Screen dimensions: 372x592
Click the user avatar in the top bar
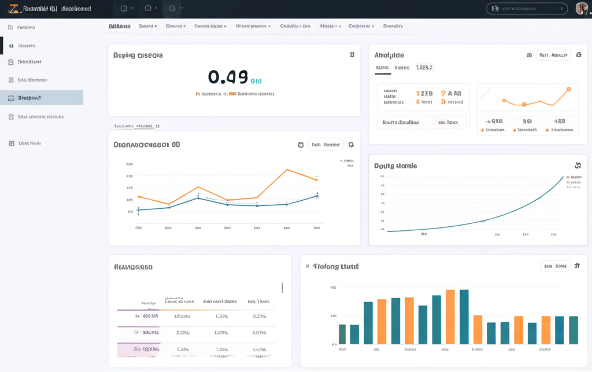click(x=582, y=9)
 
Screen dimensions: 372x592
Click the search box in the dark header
click(x=527, y=9)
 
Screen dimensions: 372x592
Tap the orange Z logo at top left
click(x=12, y=9)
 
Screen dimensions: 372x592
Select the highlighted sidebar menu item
click(x=42, y=98)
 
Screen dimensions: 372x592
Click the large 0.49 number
click(x=227, y=78)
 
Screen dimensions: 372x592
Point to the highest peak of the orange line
click(x=287, y=170)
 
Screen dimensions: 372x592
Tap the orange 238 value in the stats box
click(x=424, y=93)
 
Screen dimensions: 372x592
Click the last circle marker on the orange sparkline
click(x=568, y=89)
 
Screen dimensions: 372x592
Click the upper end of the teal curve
click(x=562, y=177)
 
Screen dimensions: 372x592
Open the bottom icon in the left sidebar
click(x=12, y=143)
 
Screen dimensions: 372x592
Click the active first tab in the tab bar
click(x=120, y=26)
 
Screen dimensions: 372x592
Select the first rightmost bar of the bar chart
click(x=573, y=330)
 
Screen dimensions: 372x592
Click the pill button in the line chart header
click(x=325, y=145)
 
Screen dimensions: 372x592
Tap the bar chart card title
click(x=335, y=266)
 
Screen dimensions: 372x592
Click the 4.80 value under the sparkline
click(x=559, y=121)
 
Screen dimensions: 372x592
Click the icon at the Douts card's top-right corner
click(x=578, y=165)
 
